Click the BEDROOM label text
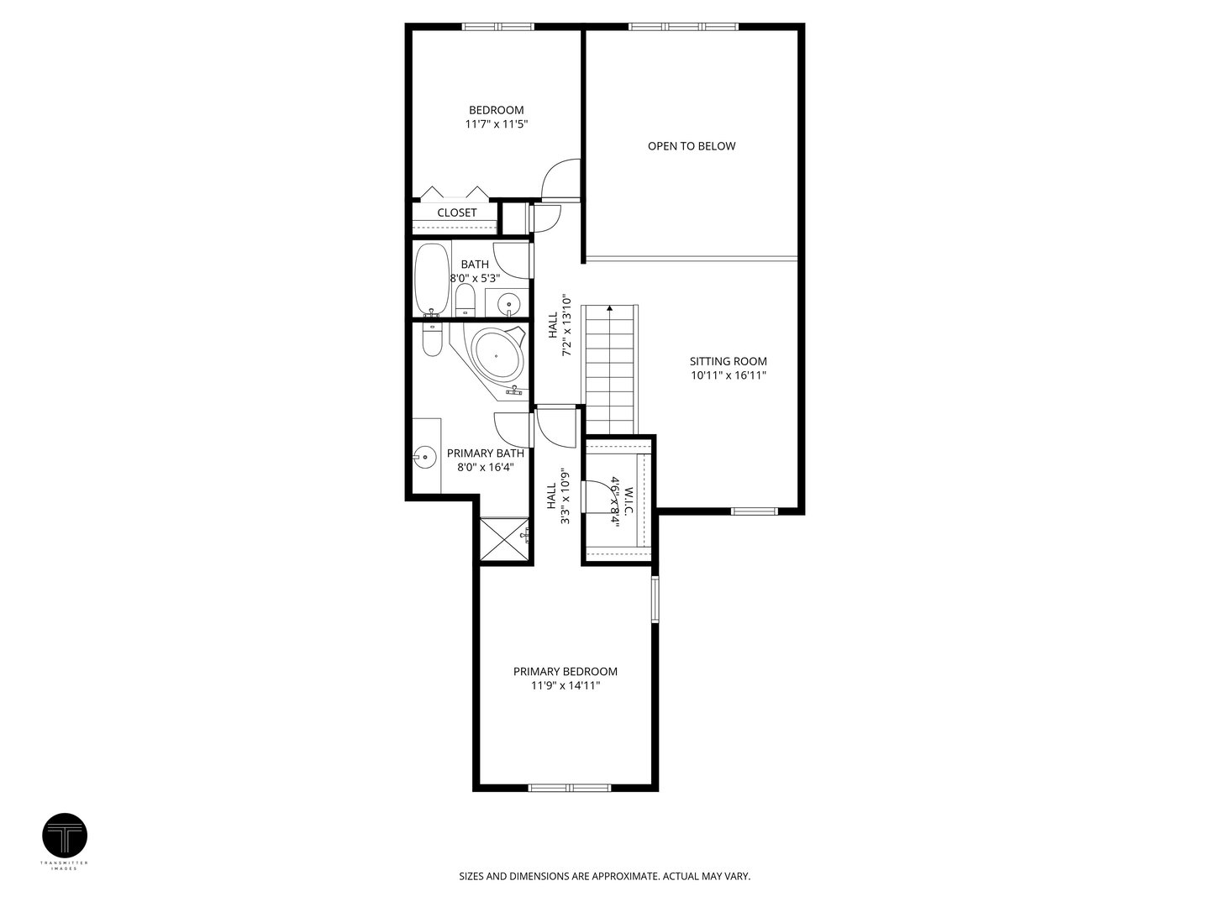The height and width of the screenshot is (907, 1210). (496, 110)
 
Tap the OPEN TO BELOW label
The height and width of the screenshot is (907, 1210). (691, 146)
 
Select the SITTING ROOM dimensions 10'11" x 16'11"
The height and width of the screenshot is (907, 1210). (729, 376)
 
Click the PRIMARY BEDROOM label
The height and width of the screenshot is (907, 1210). (565, 671)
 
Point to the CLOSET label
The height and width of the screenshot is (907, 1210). (456, 213)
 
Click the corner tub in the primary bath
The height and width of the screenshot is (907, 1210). (497, 354)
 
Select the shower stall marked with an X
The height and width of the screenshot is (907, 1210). (505, 540)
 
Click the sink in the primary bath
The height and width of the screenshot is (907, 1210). (424, 458)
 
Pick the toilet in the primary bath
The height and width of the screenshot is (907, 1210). (432, 339)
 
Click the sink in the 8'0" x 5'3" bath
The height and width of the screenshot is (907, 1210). (508, 301)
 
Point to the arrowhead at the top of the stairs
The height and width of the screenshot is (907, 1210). (609, 309)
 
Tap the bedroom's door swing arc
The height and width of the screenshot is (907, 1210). (558, 178)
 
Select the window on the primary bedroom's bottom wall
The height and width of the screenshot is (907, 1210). (569, 788)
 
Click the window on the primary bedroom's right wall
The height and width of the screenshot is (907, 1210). (655, 598)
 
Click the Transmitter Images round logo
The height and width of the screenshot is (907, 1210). (65, 836)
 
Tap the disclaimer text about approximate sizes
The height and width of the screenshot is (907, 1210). (604, 876)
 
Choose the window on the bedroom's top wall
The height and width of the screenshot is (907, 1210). (498, 27)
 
